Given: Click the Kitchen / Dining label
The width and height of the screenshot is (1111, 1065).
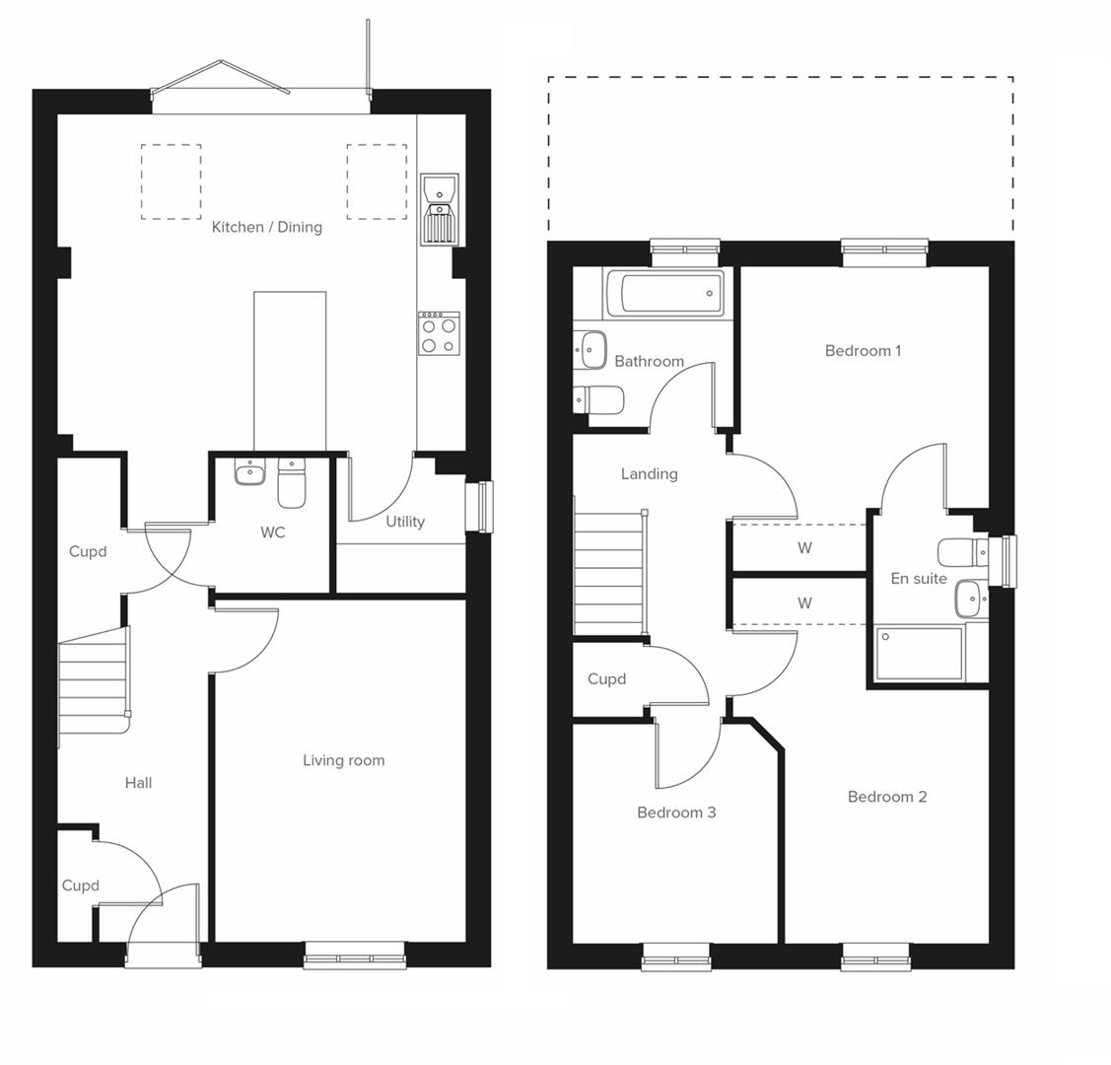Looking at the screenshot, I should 266,227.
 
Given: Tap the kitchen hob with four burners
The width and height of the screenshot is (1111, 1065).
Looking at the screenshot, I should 439,332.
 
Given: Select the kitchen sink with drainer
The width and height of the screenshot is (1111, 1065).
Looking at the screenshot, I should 439,209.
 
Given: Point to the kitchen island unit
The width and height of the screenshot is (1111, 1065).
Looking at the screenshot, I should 290,370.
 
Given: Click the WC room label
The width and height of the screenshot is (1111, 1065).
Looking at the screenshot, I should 273,532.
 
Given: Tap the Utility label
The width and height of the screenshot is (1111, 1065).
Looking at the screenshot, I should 405,522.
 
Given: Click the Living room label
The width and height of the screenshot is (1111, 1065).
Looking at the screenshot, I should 343,760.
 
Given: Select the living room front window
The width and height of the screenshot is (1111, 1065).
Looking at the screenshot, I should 354,953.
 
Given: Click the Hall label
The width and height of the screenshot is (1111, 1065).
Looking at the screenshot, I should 138,783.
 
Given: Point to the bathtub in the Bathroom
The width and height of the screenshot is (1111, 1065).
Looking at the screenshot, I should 664,293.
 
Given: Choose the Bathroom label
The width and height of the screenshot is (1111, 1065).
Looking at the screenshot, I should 649,361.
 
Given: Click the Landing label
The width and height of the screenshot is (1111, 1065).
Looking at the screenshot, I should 649,474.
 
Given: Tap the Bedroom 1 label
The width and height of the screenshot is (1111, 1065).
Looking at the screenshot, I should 863,350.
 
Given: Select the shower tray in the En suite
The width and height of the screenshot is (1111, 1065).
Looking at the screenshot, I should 919,653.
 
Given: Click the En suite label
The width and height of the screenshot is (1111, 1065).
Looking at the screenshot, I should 919,579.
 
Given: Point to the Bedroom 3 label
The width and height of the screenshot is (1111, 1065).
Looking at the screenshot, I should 676,813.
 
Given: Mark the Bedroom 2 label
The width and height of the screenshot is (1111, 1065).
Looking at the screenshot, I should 886,797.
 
